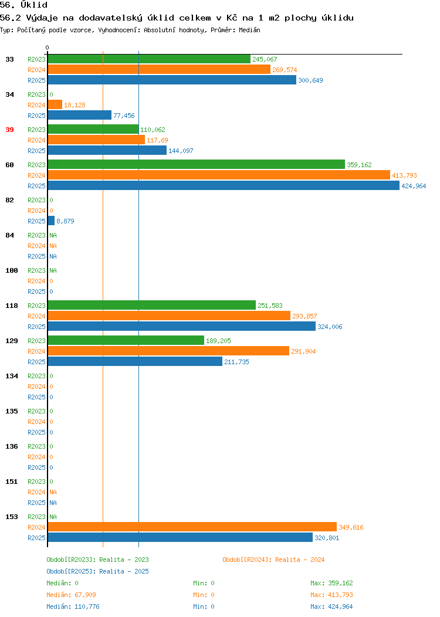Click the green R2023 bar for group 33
click(x=149, y=59)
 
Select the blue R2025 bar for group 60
click(x=224, y=186)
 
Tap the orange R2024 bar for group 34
click(x=55, y=104)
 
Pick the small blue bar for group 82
click(x=51, y=221)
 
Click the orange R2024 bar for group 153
click(x=192, y=527)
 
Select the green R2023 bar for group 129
click(x=126, y=340)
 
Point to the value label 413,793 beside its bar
click(x=404, y=175)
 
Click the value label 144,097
click(x=181, y=151)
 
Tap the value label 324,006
click(x=330, y=327)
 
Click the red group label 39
click(x=9, y=130)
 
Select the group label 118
click(x=11, y=306)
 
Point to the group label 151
click(x=11, y=482)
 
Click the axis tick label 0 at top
click(x=48, y=48)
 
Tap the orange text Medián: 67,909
click(x=71, y=595)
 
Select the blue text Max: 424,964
click(x=332, y=606)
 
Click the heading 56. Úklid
click(x=23, y=5)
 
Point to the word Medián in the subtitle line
click(x=249, y=30)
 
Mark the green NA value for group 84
click(x=53, y=235)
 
